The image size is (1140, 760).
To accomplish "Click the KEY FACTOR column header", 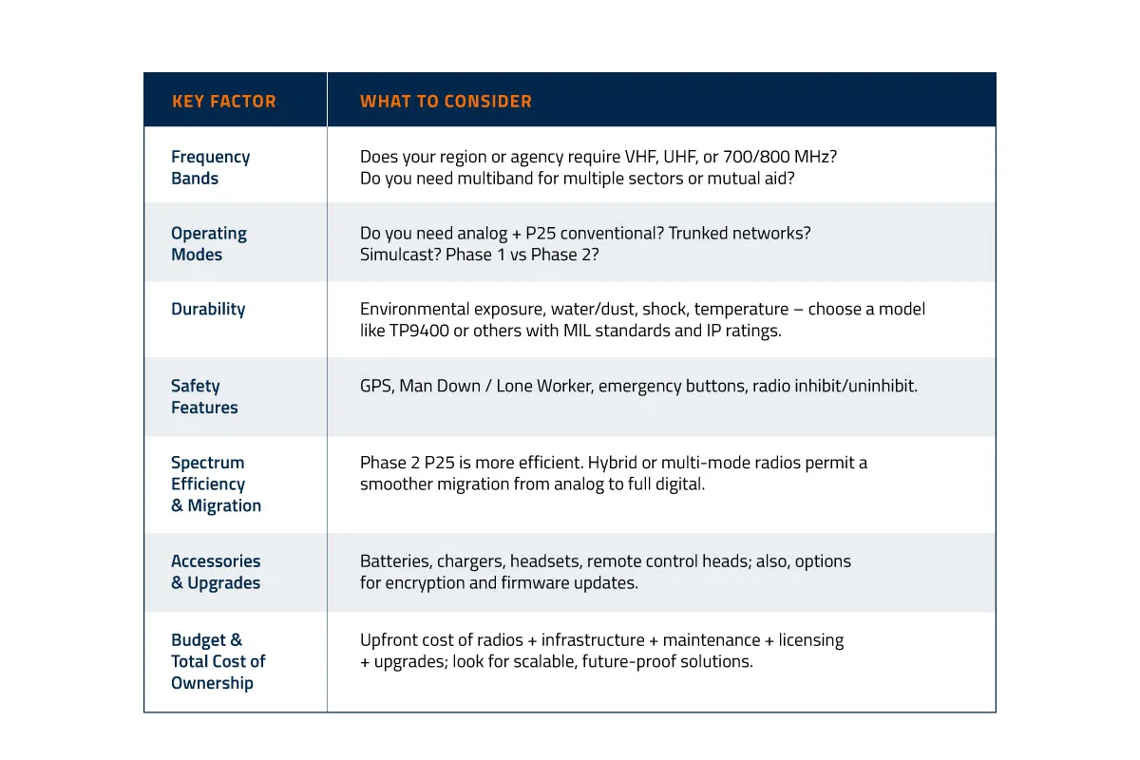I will [x=224, y=102].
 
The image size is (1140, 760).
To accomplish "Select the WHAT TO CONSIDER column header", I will [x=446, y=102].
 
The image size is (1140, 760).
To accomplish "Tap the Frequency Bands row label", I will [x=210, y=168].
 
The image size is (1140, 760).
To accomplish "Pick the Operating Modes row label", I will [x=208, y=244].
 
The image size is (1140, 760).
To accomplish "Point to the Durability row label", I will [x=208, y=310].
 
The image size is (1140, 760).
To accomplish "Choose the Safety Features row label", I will [x=204, y=397].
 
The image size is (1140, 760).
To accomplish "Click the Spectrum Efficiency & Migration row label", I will [x=216, y=484].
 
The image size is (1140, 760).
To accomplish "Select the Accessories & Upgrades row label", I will [x=216, y=572].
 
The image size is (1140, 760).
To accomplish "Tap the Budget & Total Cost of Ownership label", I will [x=218, y=661].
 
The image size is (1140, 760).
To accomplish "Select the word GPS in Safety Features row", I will [x=375, y=387].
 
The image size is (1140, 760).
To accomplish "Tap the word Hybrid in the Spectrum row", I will [x=613, y=463].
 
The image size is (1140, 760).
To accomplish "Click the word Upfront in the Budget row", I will [x=389, y=640].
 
